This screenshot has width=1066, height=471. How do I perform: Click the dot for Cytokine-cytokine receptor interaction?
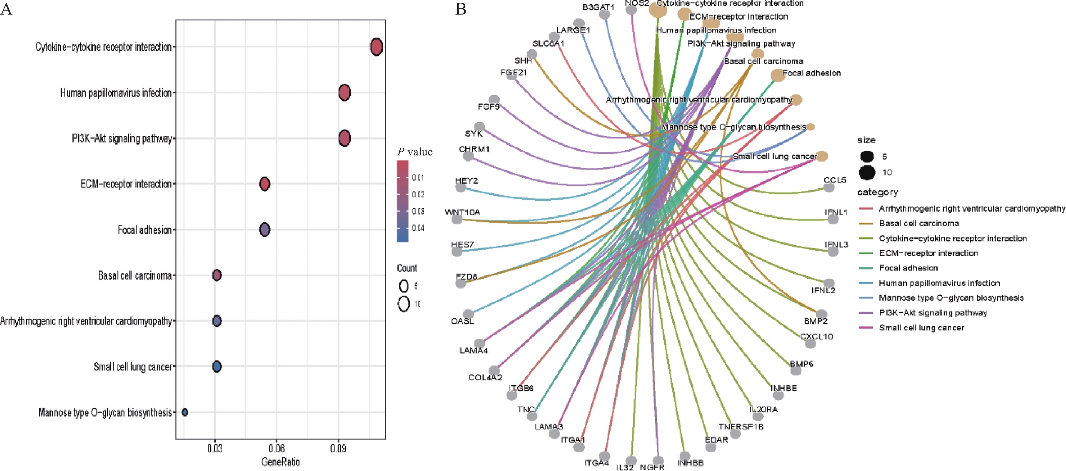pyautogui.click(x=376, y=47)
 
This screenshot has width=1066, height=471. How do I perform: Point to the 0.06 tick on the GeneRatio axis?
pyautogui.click(x=276, y=448)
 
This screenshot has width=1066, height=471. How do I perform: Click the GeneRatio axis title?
pyautogui.click(x=280, y=462)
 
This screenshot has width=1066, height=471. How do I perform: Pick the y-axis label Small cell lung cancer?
pyautogui.click(x=132, y=367)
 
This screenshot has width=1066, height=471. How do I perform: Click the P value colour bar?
pyautogui.click(x=402, y=201)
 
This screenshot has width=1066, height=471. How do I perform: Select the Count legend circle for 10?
pyautogui.click(x=404, y=304)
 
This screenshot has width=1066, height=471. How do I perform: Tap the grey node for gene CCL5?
pyautogui.click(x=829, y=187)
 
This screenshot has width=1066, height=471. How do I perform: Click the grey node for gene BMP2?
pyautogui.click(x=821, y=314)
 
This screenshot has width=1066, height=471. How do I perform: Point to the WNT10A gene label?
pyautogui.click(x=462, y=212)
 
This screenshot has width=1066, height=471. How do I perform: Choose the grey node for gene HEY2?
pyautogui.click(x=461, y=187)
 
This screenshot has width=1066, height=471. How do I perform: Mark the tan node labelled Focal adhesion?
pyautogui.click(x=778, y=75)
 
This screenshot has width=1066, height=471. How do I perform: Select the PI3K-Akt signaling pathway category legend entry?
pyautogui.click(x=933, y=313)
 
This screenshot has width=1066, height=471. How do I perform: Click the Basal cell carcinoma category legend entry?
pyautogui.click(x=919, y=223)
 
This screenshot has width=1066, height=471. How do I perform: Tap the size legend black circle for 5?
pyautogui.click(x=867, y=156)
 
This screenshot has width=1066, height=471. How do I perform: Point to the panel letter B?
pyautogui.click(x=461, y=9)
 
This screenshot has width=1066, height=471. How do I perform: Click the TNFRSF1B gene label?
pyautogui.click(x=741, y=426)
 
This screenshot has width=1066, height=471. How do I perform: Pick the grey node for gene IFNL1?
pyautogui.click(x=832, y=219)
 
